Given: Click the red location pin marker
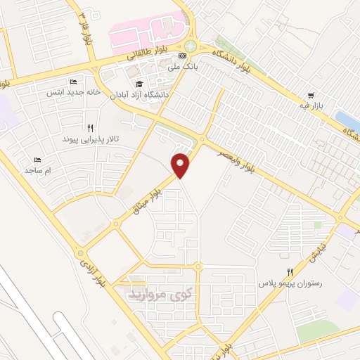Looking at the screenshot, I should coord(182,165).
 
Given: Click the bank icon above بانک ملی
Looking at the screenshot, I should coord(183,55).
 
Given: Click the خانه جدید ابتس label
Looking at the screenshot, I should coord(74,92).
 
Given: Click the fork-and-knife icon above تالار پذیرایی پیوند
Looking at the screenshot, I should coord(90,128).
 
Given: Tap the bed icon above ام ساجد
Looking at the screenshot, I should coord(38,160).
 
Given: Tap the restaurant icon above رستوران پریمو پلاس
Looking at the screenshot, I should coord(288,272).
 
